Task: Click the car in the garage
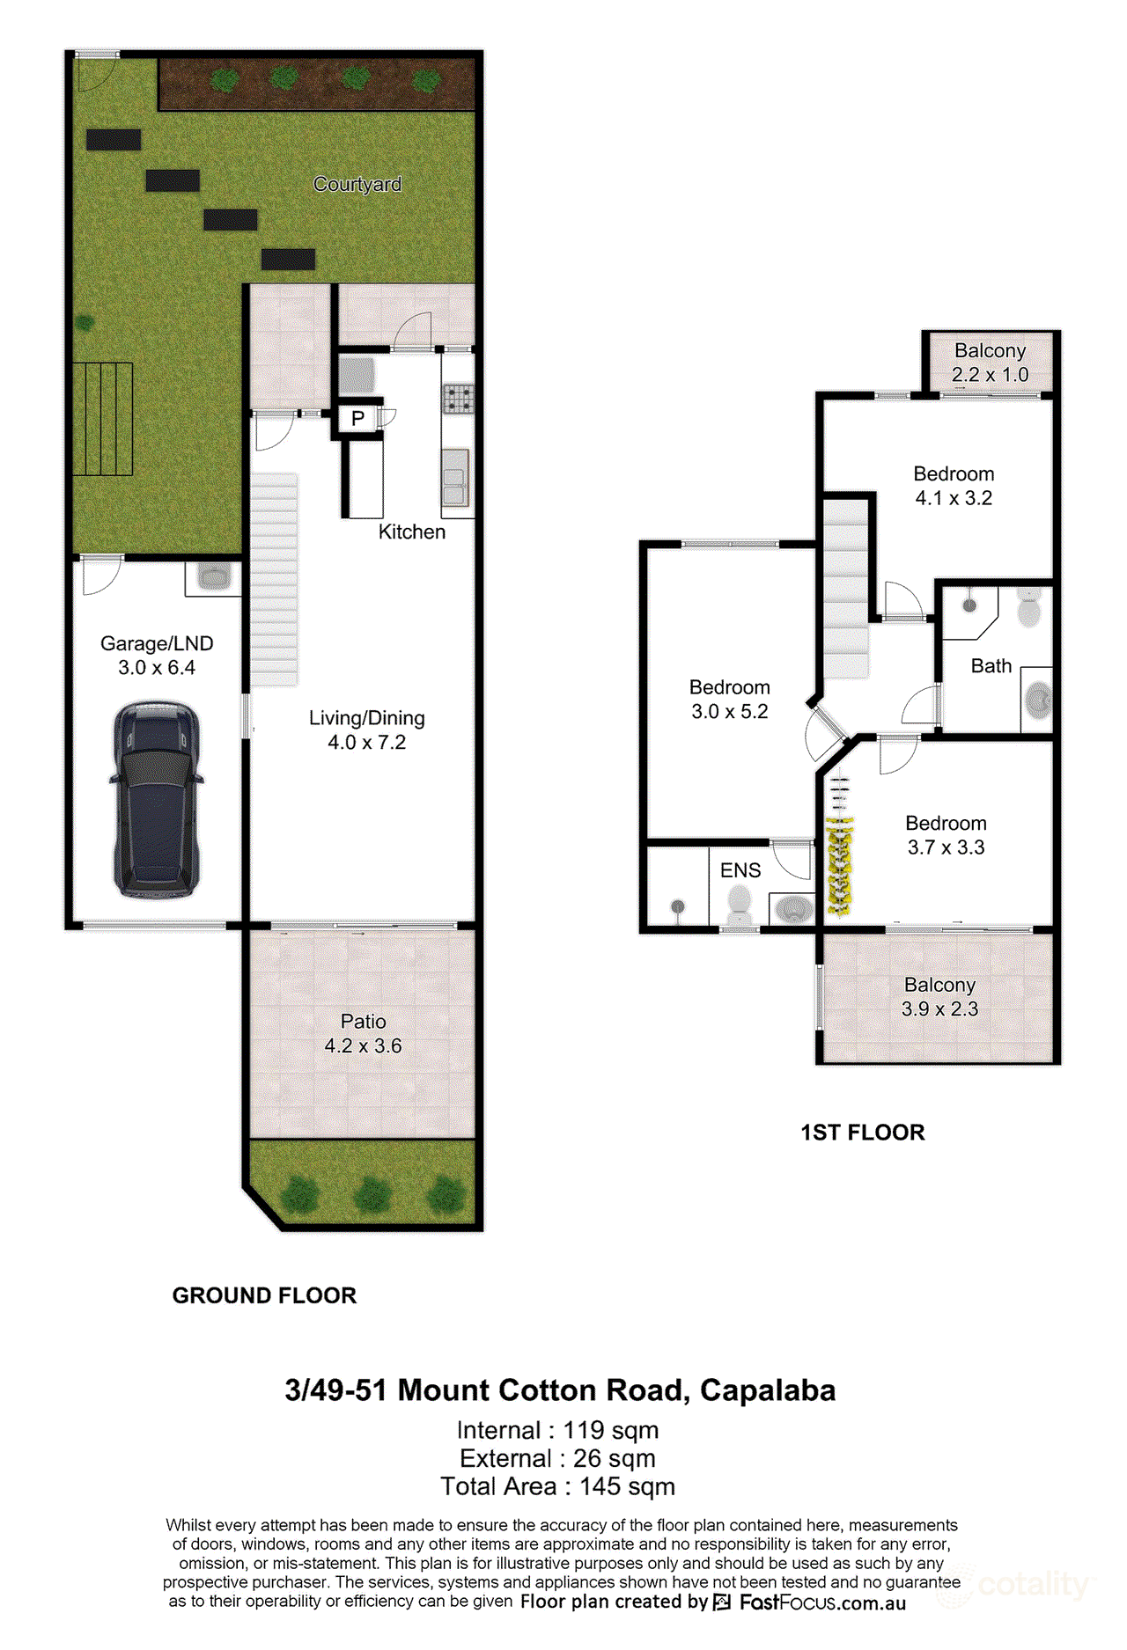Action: click(157, 800)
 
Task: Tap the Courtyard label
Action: click(357, 184)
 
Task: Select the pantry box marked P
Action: click(357, 419)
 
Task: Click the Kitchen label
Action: click(412, 532)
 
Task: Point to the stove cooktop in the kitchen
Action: click(458, 399)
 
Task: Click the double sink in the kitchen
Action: click(455, 477)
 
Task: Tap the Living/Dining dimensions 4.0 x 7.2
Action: click(367, 743)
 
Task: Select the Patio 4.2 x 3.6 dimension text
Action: click(363, 1045)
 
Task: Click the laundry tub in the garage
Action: click(213, 577)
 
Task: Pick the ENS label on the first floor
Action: click(740, 870)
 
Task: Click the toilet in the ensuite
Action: click(740, 904)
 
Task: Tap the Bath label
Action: click(991, 666)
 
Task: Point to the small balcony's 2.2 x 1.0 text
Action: click(991, 374)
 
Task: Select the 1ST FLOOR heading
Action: click(863, 1133)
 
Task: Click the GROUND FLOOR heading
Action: click(264, 1295)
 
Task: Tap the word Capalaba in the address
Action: click(768, 1390)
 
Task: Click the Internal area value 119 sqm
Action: click(611, 1431)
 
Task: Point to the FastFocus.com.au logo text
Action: click(822, 1602)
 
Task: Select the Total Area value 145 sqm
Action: click(628, 1487)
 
